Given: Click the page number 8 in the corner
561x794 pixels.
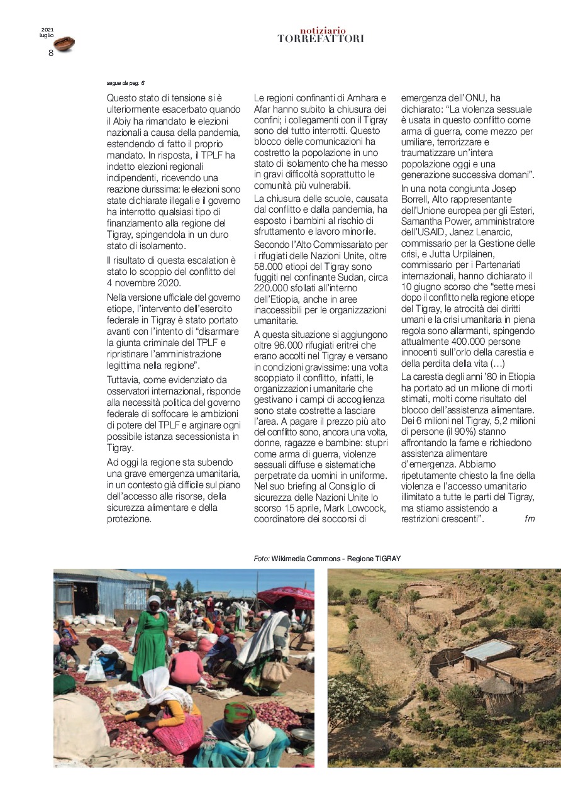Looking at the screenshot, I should (x=51, y=53).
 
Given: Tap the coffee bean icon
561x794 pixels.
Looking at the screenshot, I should (x=64, y=43).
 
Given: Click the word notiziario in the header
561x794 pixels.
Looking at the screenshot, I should (x=323, y=30).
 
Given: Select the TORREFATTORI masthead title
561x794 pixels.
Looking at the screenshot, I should (x=321, y=39).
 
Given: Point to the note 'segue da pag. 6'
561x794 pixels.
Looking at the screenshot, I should (x=126, y=82).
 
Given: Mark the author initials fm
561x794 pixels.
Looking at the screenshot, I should (x=529, y=519).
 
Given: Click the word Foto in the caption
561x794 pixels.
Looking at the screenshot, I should (x=262, y=558).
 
